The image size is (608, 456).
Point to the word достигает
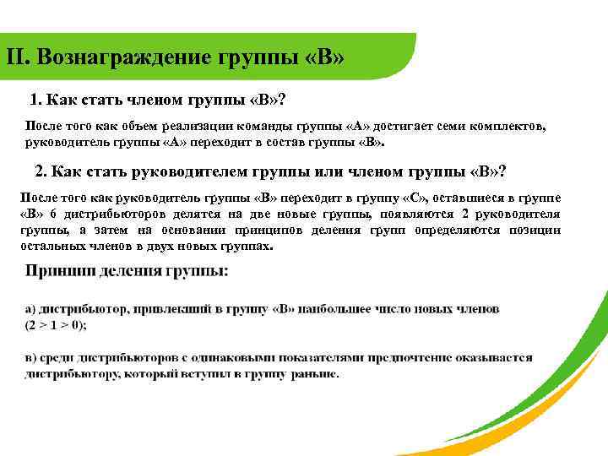[410, 126]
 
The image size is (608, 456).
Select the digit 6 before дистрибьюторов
[55, 214]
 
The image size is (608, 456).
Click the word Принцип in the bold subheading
[59, 271]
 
